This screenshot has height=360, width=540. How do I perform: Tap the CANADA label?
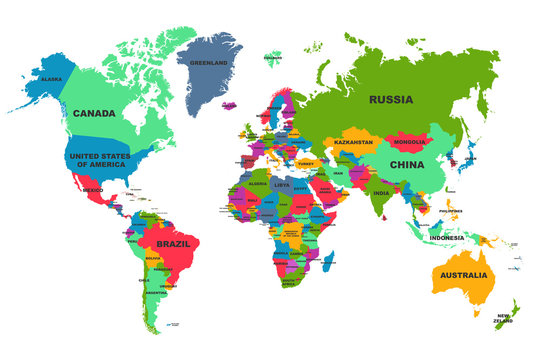coord(94,114)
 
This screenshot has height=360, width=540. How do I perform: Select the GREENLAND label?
coord(209,61)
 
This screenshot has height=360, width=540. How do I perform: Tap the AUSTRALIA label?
coord(464,275)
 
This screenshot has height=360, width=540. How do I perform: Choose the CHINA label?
coord(407,165)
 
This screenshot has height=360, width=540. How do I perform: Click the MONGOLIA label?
coord(410,142)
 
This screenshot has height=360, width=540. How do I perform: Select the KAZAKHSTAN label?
coord(353,143)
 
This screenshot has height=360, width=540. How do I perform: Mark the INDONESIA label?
coord(447,238)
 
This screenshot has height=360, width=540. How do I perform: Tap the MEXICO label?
coord(93,189)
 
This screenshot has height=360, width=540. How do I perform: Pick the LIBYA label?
coord(282,185)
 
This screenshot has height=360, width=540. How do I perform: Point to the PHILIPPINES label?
coord(450,211)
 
